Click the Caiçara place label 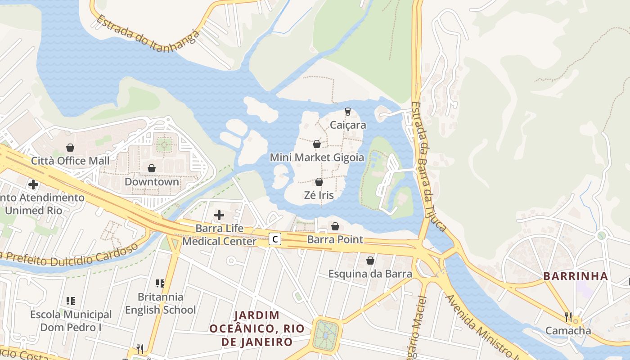point(348,125)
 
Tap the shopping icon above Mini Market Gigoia point(317,144)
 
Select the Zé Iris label point(319,195)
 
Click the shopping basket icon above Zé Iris point(319,182)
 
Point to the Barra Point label point(335,239)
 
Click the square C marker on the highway point(275,239)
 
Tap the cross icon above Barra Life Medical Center point(219,215)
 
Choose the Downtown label point(152,182)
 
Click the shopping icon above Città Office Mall point(70,147)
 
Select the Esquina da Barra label point(370,274)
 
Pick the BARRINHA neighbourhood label point(576,276)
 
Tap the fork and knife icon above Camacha point(568,317)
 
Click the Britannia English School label point(160,303)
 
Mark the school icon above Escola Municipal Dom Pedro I point(71,301)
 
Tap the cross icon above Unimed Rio point(33,184)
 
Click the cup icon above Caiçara point(347,111)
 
